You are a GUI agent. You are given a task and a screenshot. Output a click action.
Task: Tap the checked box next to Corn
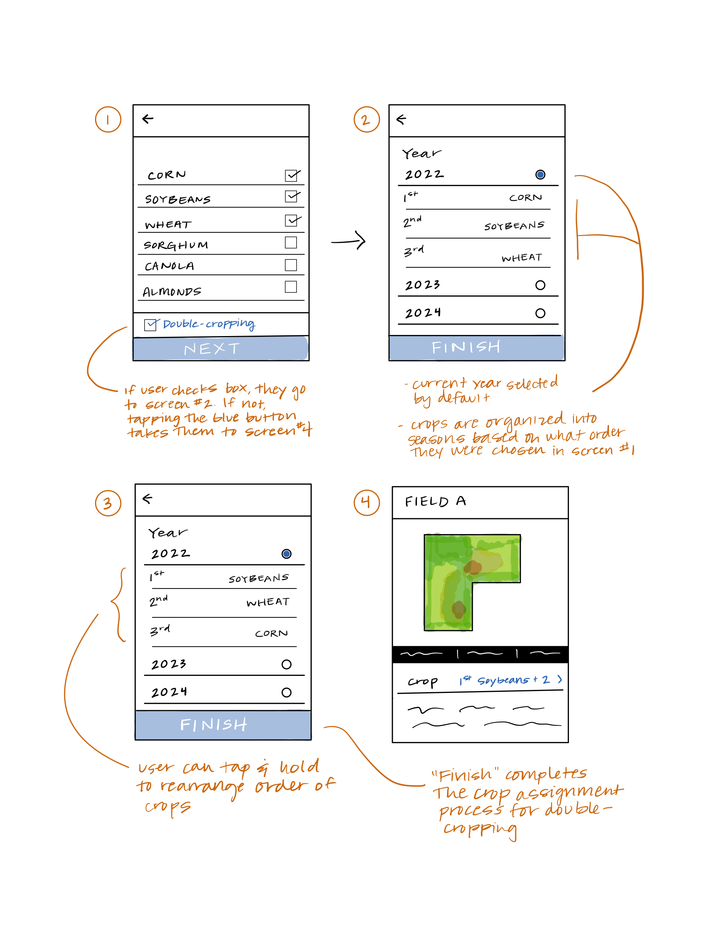[292, 175]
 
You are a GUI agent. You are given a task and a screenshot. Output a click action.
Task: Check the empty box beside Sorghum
[291, 243]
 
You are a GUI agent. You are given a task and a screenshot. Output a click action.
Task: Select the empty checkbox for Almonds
[291, 286]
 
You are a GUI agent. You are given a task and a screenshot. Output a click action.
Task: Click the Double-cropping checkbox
[150, 325]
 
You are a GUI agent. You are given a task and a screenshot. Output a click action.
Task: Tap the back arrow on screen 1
[148, 119]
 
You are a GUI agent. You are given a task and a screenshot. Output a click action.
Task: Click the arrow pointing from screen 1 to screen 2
[348, 241]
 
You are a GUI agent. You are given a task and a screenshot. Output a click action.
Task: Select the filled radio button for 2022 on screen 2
[540, 174]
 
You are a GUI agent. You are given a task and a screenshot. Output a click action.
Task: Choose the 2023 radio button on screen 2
[540, 285]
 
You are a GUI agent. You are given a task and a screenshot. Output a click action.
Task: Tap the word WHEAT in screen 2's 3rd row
[521, 257]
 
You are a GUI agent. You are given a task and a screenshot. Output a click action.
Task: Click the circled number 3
[108, 503]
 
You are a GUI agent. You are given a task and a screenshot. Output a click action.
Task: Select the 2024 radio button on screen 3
[286, 692]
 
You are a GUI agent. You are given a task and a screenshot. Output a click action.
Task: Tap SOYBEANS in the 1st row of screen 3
[258, 578]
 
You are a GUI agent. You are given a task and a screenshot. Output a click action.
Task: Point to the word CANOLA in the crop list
[169, 266]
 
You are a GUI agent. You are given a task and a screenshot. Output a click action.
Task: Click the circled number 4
[366, 502]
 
